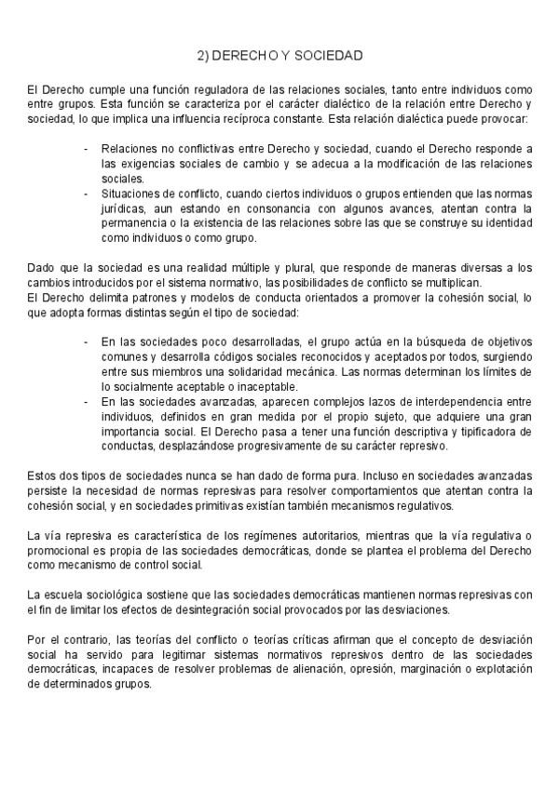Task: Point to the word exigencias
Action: (132, 163)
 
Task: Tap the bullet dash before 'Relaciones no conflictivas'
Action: (87, 149)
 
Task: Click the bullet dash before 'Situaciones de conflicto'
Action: (87, 193)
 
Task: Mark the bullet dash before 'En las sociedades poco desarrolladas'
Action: (87, 341)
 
